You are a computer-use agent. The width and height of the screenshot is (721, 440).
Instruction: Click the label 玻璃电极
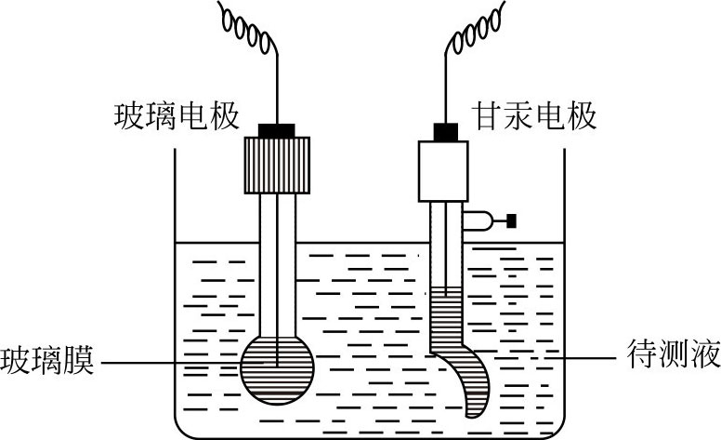(x=177, y=116)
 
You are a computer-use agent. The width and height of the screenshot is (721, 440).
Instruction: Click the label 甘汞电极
(x=534, y=116)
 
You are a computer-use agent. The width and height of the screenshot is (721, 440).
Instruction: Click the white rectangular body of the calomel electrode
(x=447, y=170)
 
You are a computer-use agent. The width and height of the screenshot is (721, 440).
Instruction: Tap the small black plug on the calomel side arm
(x=510, y=220)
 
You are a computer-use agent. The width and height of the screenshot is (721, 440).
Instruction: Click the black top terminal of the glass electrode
(x=277, y=130)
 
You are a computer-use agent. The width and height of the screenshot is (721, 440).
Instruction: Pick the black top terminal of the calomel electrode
(x=447, y=131)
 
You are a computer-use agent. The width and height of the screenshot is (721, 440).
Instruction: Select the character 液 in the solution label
(x=699, y=357)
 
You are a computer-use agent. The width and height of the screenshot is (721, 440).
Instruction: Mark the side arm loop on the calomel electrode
(x=478, y=220)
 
